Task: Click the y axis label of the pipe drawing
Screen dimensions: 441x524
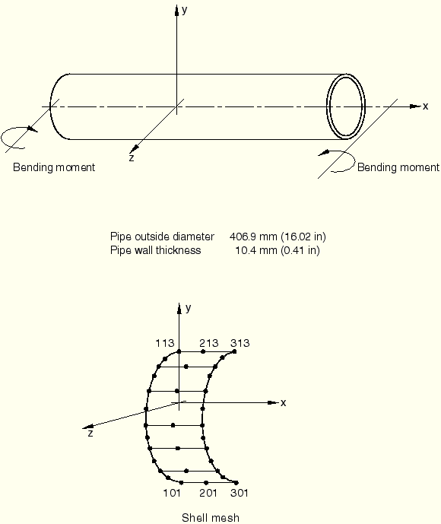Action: point(185,11)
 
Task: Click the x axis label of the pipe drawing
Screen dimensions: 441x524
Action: point(425,106)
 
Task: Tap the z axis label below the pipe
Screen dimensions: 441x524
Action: point(132,157)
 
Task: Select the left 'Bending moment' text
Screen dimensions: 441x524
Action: point(54,167)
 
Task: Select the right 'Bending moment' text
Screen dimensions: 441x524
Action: point(398,167)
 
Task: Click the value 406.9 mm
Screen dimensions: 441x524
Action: point(253,237)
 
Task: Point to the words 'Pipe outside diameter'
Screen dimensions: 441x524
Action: point(162,237)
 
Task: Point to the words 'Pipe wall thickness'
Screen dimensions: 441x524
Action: point(155,250)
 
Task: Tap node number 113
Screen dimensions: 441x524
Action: point(165,343)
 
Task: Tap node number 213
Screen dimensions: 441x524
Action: point(209,343)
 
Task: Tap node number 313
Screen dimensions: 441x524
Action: point(240,343)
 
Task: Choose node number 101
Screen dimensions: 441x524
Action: point(172,493)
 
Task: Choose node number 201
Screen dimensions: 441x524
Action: point(208,493)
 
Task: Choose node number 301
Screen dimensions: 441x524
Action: point(240,493)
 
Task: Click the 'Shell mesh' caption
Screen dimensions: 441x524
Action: point(211,518)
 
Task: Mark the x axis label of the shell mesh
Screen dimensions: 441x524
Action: point(284,403)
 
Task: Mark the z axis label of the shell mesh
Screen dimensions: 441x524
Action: point(90,433)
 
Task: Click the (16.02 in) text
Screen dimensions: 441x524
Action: point(303,237)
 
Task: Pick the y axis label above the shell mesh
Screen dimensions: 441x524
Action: point(189,308)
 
